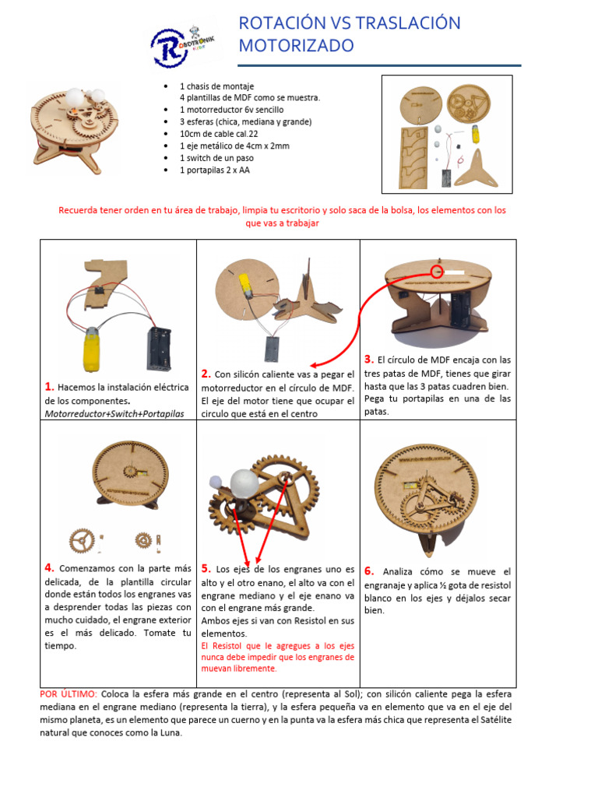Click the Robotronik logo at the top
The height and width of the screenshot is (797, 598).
click(182, 45)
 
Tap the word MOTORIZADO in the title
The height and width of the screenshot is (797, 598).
click(297, 46)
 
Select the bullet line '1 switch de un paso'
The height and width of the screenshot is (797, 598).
click(216, 158)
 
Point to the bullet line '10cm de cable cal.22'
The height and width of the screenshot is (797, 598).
click(219, 134)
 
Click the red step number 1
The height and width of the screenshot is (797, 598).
click(49, 386)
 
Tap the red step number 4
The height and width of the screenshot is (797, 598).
click(49, 567)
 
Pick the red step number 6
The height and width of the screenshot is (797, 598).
click(369, 571)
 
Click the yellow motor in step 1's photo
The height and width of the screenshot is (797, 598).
click(92, 349)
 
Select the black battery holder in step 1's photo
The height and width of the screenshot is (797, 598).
click(159, 349)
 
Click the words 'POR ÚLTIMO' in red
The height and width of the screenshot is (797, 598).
click(69, 693)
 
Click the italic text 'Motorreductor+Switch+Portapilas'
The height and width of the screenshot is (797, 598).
click(114, 414)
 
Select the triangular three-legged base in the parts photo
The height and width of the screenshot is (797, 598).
click(477, 169)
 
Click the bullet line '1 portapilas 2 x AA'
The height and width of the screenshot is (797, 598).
click(215, 170)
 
